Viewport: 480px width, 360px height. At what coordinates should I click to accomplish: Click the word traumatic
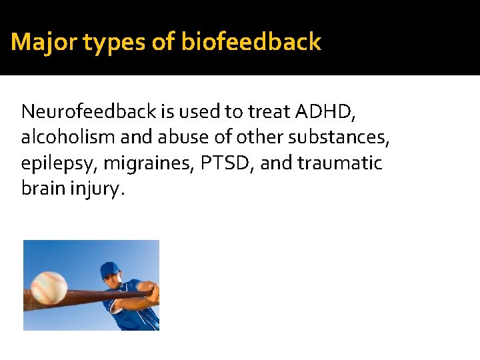(x=341, y=163)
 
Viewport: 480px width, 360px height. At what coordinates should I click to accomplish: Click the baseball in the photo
(x=49, y=287)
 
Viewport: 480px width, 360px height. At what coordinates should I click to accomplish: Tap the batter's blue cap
(x=109, y=270)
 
